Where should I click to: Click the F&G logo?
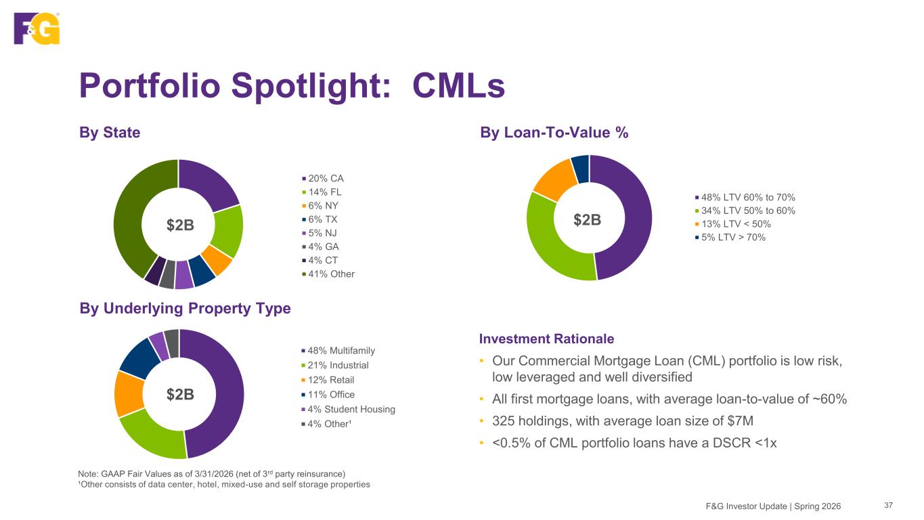tap(37, 28)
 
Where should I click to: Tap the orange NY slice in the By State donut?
tap(217, 260)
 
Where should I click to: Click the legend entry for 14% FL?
tap(322, 192)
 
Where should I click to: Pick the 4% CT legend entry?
tap(320, 260)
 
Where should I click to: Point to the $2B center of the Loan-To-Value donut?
tap(587, 219)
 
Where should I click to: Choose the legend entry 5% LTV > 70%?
tap(730, 237)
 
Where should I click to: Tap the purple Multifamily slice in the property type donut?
tap(223, 392)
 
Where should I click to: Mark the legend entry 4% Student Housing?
tap(349, 409)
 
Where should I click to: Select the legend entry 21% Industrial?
tap(335, 365)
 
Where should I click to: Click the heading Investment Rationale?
tap(546, 339)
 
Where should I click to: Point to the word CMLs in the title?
tap(459, 86)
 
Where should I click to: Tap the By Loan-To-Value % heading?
tap(554, 133)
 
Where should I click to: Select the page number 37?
tap(889, 505)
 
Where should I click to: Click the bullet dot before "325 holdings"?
tap(481, 421)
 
